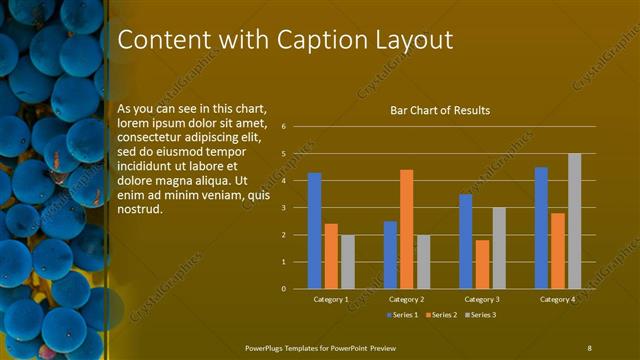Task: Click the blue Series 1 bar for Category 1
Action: click(x=314, y=231)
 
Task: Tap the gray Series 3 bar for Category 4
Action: click(x=574, y=221)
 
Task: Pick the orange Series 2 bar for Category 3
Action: click(x=482, y=264)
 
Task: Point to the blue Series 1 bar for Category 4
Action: click(x=541, y=228)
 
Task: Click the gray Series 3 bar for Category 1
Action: click(x=348, y=262)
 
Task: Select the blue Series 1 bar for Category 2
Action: click(x=390, y=255)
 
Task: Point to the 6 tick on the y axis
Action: click(x=284, y=127)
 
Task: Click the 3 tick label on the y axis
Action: click(x=284, y=208)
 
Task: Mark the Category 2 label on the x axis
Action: click(x=406, y=299)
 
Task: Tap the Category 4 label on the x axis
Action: click(x=557, y=299)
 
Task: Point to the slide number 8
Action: click(x=590, y=346)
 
